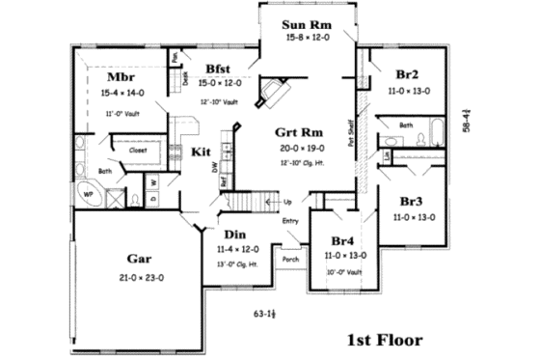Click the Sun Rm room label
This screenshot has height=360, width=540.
click(308, 24)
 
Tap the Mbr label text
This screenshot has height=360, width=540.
click(121, 77)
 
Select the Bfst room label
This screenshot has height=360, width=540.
click(218, 68)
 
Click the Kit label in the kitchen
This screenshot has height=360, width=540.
click(201, 152)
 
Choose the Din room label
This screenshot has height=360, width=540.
click(235, 235)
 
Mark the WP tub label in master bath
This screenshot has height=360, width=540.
click(88, 192)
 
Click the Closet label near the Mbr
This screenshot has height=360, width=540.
click(137, 152)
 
